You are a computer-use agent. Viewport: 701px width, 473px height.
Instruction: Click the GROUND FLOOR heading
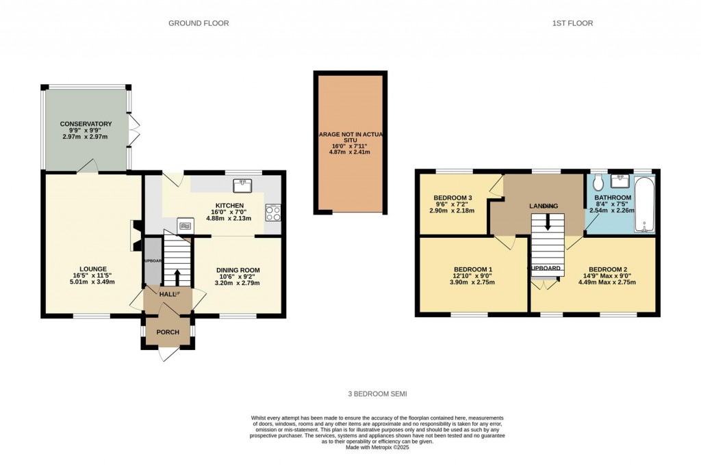pyautogui.click(x=199, y=23)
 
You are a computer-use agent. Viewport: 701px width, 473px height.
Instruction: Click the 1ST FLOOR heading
pyautogui.click(x=573, y=23)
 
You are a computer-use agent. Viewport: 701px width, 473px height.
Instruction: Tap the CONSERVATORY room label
pyautogui.click(x=86, y=124)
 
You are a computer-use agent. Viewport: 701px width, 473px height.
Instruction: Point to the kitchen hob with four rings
pyautogui.click(x=272, y=213)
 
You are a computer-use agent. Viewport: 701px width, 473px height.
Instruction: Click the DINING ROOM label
pyautogui.click(x=238, y=270)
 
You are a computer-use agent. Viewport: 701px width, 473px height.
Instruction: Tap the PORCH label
pyautogui.click(x=168, y=333)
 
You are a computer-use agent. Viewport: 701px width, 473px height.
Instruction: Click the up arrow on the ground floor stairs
pyautogui.click(x=177, y=276)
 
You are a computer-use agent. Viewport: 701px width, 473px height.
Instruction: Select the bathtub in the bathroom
pyautogui.click(x=645, y=204)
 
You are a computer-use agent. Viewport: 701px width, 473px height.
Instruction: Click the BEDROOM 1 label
pyautogui.click(x=473, y=269)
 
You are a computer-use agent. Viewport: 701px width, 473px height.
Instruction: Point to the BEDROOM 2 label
pyautogui.click(x=606, y=269)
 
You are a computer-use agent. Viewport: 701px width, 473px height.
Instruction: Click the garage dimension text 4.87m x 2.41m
pyautogui.click(x=350, y=152)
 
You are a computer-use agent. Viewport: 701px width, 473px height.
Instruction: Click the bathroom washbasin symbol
pyautogui.click(x=623, y=180)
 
